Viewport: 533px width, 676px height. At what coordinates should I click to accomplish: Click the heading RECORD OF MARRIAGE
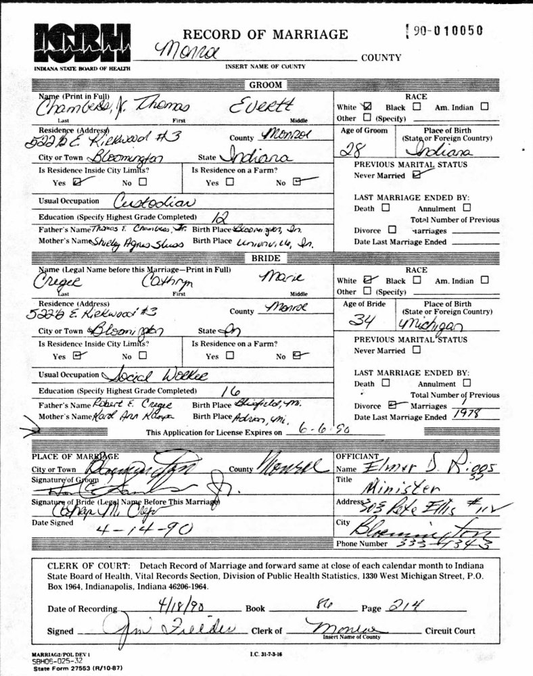tap(266, 34)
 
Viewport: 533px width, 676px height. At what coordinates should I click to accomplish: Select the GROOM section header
tap(266, 85)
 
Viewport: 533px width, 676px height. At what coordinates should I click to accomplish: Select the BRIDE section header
tap(266, 258)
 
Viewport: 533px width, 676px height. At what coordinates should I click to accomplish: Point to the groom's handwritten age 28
tap(350, 150)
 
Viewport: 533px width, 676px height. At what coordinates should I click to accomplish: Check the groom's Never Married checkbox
tap(415, 175)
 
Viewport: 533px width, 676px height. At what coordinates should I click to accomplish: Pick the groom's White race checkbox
tap(367, 106)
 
